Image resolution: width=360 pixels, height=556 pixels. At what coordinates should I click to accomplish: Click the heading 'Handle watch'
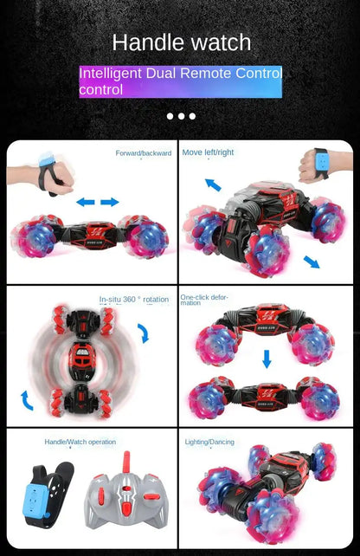[181, 42]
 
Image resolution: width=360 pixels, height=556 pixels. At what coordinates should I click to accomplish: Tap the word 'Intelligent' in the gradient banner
[112, 74]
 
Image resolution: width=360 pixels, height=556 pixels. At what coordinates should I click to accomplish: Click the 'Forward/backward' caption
[144, 153]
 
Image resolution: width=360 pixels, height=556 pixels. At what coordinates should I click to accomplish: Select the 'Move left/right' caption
[209, 152]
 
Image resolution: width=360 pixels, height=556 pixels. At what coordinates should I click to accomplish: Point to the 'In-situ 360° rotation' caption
[134, 300]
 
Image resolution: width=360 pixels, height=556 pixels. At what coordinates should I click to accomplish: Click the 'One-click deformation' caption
[204, 300]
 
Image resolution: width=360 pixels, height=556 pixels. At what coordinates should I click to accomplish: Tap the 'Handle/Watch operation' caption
[80, 442]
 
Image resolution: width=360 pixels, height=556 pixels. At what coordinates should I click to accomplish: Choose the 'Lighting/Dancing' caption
[209, 442]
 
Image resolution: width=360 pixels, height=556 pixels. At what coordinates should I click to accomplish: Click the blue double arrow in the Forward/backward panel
[97, 202]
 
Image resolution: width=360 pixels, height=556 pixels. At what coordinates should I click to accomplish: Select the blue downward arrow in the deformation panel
[267, 358]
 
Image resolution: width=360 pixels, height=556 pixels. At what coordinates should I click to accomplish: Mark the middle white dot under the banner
[181, 116]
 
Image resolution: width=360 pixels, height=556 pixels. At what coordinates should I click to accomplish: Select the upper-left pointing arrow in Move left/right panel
[213, 184]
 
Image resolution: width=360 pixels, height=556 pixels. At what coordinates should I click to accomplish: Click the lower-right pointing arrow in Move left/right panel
[311, 262]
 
